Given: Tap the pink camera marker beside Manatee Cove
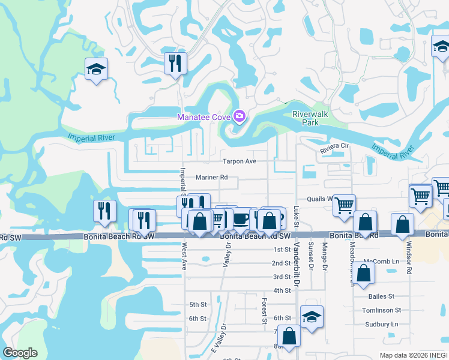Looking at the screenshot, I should pyautogui.click(x=240, y=116).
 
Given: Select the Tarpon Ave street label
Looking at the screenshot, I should pyautogui.click(x=240, y=161).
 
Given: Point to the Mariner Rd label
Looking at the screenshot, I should pyautogui.click(x=212, y=177).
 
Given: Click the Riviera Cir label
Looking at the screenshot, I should pyautogui.click(x=334, y=146).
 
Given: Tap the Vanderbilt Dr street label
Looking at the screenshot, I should pyautogui.click(x=295, y=258).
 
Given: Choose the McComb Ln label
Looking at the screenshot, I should pyautogui.click(x=381, y=262).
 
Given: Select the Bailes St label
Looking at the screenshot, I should pyautogui.click(x=382, y=296).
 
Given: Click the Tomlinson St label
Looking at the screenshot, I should pyautogui.click(x=381, y=310).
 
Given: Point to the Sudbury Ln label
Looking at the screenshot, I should pyautogui.click(x=381, y=324).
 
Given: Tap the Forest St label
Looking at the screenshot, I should pyautogui.click(x=264, y=311).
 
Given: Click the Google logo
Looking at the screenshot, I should pyautogui.click(x=20, y=353).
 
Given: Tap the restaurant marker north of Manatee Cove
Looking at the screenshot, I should pyautogui.click(x=175, y=63).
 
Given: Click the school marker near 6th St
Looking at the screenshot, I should pyautogui.click(x=312, y=317).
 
